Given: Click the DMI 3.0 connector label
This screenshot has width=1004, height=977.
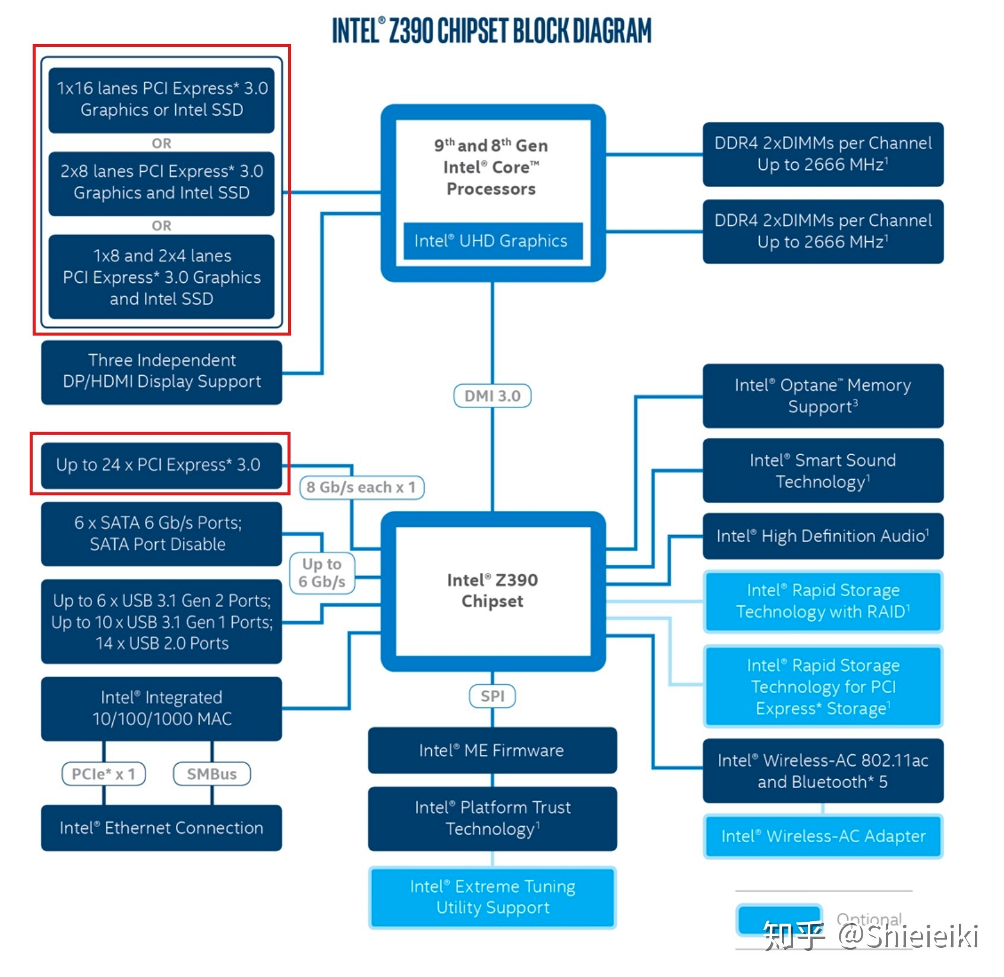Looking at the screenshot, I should [x=492, y=396].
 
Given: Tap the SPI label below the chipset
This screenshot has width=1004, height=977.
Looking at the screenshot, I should [x=492, y=695].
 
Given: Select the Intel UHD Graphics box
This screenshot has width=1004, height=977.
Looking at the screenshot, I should [x=492, y=241].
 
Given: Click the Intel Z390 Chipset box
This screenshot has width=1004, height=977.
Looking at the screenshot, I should [x=492, y=590].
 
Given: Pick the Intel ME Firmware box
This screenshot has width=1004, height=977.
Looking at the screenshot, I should [x=492, y=750].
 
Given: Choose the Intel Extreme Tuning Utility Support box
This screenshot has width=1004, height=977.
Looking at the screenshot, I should [x=492, y=897].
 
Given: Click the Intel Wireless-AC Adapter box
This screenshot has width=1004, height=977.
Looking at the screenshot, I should [x=823, y=836].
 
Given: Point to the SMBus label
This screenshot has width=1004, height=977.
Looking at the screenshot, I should [x=211, y=774].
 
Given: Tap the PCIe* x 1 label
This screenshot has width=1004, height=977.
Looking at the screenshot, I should [x=103, y=774].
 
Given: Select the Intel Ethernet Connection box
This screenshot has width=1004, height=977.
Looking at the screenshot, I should [x=161, y=828].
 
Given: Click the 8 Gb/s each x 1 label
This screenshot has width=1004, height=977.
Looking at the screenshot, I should [x=361, y=487].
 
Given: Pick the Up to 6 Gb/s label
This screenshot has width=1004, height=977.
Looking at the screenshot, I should [x=322, y=573].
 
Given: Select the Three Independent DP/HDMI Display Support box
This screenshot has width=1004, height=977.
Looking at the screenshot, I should [x=161, y=371].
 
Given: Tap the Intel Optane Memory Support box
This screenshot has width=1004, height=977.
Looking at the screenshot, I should [x=823, y=396].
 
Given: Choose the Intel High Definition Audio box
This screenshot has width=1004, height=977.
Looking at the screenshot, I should [x=823, y=536].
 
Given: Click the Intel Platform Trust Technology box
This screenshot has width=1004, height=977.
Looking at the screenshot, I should [x=492, y=818].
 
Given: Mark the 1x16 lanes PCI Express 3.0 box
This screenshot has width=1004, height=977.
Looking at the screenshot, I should [x=161, y=99].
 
